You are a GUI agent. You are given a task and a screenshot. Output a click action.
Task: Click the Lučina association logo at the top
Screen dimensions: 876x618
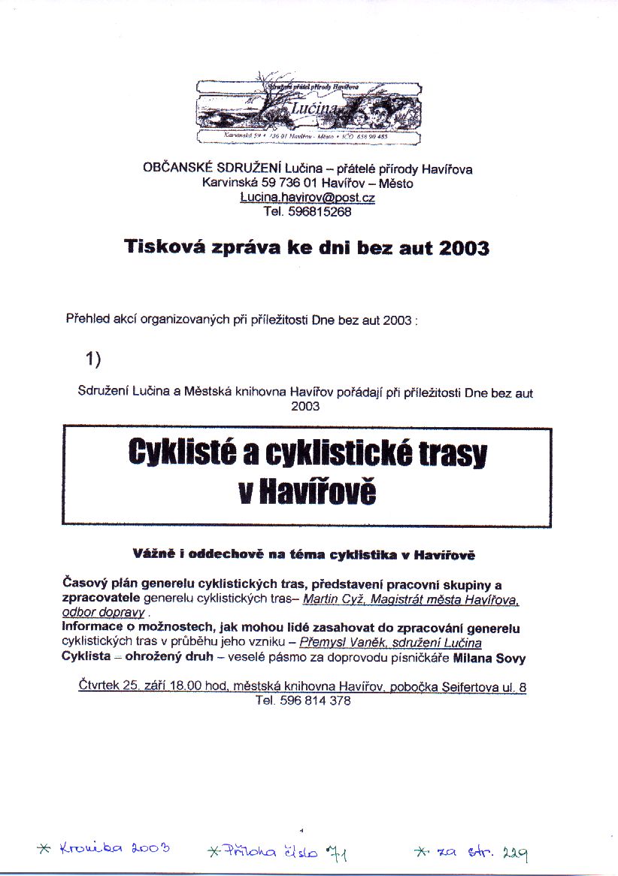308,111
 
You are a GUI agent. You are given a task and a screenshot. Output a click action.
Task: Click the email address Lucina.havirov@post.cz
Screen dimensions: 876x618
307,197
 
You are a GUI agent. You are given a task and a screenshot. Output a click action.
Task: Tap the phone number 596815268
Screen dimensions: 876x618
320,211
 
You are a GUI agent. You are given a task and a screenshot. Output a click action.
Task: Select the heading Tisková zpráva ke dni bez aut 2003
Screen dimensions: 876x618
307,247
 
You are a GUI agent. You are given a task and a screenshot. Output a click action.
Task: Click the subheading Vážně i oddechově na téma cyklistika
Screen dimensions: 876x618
304,556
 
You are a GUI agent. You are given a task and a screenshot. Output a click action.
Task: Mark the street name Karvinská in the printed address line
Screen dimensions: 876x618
230,183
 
